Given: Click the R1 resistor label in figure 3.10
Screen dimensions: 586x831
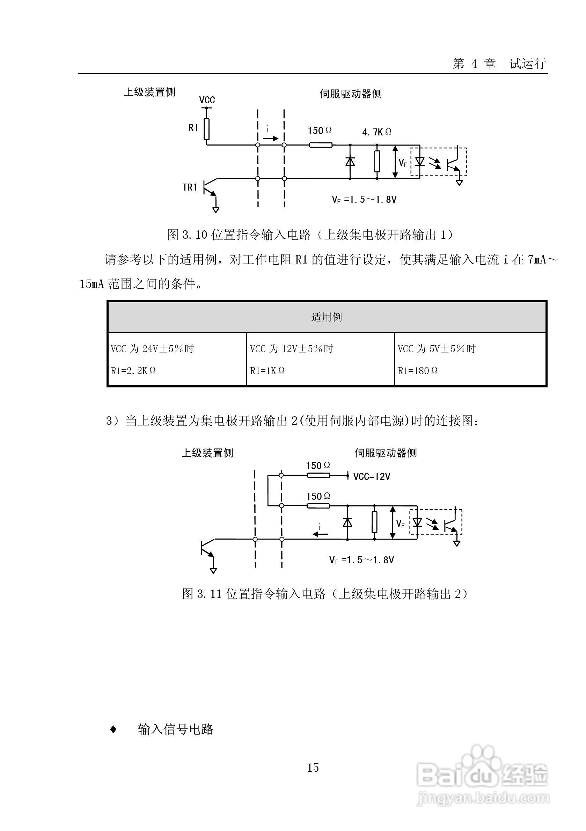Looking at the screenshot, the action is (193, 128).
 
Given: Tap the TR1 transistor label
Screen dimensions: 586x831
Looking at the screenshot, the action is (189, 187).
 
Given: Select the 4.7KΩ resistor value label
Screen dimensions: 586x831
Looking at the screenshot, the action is (377, 132).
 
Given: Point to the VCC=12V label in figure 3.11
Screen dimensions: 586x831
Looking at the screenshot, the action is (372, 477).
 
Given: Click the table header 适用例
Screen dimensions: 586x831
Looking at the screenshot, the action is (327, 317).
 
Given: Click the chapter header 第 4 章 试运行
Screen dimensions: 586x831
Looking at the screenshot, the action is (499, 64).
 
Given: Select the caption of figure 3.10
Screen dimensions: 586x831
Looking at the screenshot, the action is (310, 235).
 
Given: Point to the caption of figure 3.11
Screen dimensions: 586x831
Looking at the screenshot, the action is (325, 594).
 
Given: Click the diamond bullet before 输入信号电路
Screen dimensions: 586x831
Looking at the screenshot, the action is (113, 729).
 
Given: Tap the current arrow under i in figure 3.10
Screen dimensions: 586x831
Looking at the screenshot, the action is (270, 139).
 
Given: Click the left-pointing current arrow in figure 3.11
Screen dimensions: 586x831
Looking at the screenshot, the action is (321, 534).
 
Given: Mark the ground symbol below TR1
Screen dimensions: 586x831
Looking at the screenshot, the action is (216, 209).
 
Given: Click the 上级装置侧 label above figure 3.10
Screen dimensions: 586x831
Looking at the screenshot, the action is (149, 92).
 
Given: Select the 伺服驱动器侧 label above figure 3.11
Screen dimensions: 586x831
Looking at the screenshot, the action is (386, 453).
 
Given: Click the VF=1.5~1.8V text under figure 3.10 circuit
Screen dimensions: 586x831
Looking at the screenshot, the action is (364, 200).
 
